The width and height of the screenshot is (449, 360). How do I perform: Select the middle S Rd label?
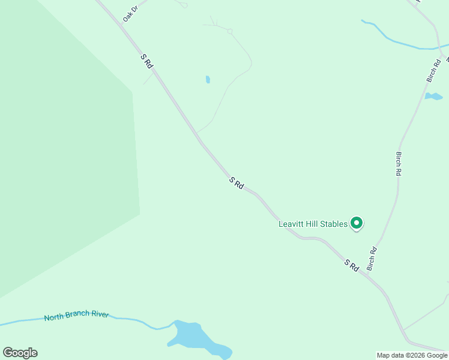pos(237,183)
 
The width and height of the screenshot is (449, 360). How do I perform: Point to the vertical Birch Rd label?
pos(399,163)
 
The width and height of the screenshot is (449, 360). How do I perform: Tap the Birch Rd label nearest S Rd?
pos(372,258)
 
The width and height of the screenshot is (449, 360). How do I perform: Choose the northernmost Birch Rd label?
pos(433,71)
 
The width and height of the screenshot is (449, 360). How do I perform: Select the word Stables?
pos(334,224)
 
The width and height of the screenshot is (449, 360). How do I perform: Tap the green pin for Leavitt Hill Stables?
pos(357,223)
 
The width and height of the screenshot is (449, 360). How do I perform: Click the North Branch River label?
pos(76,315)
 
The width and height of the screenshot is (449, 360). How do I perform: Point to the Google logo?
pos(20,353)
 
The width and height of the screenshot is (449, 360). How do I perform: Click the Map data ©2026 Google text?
pos(412,355)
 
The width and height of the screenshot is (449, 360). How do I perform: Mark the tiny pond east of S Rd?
pos(208,79)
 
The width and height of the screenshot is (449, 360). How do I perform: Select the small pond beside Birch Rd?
pos(433,96)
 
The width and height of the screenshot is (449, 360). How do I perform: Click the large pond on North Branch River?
pos(195,338)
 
